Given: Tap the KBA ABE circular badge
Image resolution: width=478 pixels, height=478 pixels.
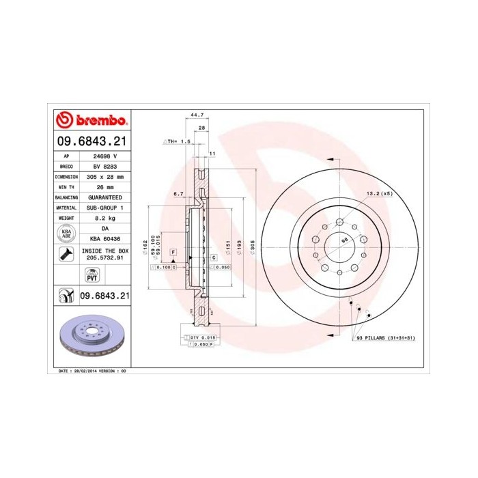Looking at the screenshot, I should point(67,234).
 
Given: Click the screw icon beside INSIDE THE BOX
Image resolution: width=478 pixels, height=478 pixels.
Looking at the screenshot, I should point(67,255).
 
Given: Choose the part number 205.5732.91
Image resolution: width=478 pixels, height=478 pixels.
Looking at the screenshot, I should point(105,259).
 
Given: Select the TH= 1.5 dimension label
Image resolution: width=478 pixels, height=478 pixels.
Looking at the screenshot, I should point(176,141).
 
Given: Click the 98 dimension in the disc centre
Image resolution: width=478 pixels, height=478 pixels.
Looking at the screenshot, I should point(345,240).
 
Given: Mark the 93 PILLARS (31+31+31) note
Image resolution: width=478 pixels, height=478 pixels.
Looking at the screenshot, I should point(384,337).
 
